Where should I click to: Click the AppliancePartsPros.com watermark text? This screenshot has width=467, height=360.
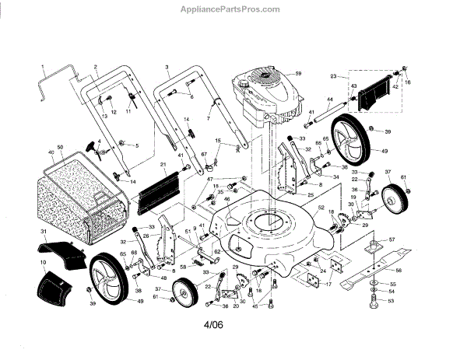234,9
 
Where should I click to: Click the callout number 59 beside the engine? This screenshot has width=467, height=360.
297,74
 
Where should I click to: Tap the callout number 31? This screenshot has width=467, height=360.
44,232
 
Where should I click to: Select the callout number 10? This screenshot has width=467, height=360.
44,264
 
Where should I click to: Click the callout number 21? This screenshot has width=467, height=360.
163,165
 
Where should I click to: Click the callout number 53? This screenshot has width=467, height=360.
391,300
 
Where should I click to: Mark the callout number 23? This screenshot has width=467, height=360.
333,77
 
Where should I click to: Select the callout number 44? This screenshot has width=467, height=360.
329,100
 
